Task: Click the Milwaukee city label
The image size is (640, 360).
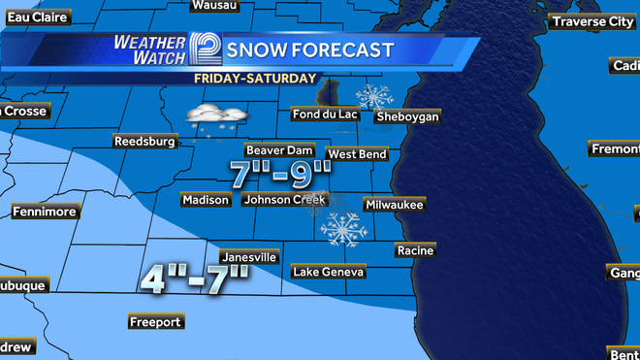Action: (394, 205)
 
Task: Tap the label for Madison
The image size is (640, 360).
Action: (206, 200)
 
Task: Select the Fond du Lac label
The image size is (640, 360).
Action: (326, 115)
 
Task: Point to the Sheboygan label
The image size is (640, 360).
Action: (407, 116)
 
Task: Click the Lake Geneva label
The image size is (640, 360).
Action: (329, 272)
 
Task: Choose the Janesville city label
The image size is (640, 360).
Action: (250, 257)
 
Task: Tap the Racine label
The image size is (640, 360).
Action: (415, 250)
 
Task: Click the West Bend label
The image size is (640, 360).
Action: (357, 154)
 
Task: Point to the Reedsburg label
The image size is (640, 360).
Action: (144, 141)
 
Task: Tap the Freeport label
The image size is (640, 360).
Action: (155, 321)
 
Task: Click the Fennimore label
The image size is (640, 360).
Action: (44, 212)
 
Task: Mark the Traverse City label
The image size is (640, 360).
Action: (592, 21)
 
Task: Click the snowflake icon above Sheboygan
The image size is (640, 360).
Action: (373, 96)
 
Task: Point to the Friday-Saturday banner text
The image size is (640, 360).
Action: (254, 78)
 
